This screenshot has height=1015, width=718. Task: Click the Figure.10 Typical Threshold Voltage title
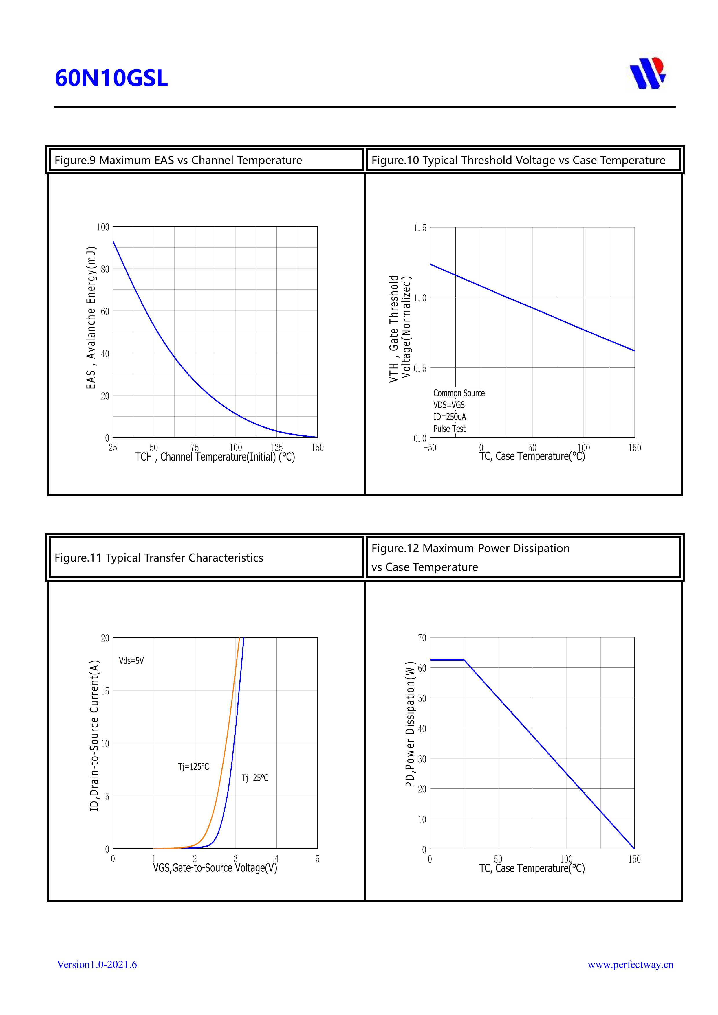click(518, 160)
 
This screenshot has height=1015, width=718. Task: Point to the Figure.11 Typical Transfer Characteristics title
click(159, 558)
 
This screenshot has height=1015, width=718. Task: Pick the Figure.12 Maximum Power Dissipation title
click(470, 548)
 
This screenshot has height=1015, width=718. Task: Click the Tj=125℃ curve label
click(193, 766)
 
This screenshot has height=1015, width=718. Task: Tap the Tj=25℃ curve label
click(255, 778)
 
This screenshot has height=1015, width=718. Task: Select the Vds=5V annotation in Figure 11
click(131, 661)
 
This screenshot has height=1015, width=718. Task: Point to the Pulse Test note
click(449, 429)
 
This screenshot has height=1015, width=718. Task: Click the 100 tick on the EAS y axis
click(103, 227)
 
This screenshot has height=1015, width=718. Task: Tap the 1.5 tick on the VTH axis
click(420, 228)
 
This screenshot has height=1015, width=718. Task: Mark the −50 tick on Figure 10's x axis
click(430, 448)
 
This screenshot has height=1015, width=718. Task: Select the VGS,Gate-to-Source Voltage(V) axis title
click(215, 868)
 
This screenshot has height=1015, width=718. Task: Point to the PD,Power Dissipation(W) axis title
click(410, 724)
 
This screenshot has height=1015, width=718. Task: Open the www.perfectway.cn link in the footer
click(630, 964)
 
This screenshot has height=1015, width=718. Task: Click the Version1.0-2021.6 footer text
click(97, 964)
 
